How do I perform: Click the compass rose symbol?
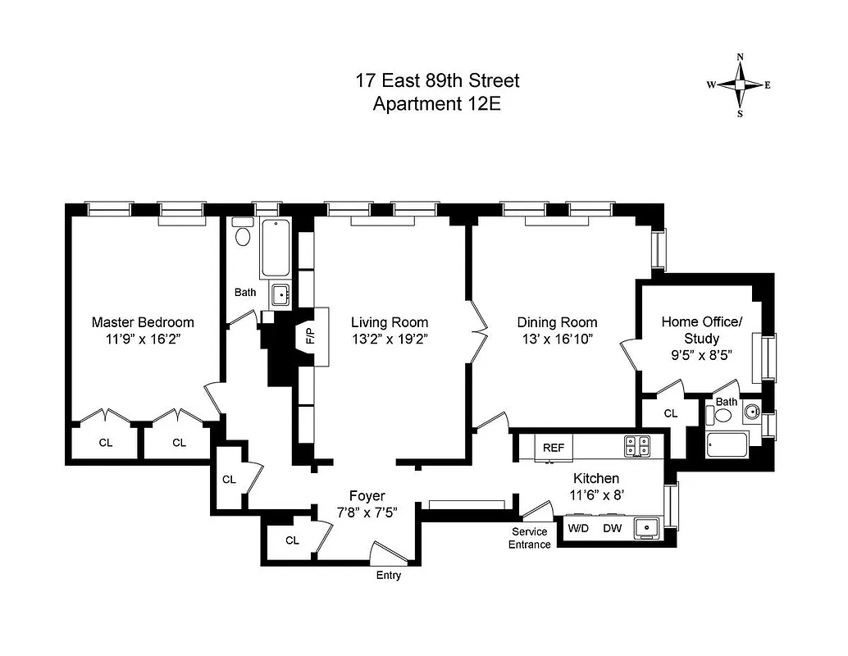(740, 85)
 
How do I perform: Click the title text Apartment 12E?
(436, 104)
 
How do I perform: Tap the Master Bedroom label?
(143, 322)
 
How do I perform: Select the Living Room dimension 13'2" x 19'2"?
(390, 338)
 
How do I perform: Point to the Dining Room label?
(557, 322)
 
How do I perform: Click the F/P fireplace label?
(310, 336)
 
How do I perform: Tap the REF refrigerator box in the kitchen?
(554, 448)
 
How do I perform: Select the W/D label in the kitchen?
(579, 529)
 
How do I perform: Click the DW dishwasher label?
(612, 529)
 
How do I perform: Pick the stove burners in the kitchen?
(636, 446)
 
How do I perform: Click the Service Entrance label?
(529, 538)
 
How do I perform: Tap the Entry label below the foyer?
(389, 576)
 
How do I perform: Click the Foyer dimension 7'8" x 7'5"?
(367, 512)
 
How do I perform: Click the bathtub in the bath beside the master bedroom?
(275, 248)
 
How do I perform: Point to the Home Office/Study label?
(701, 330)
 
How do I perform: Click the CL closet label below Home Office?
(670, 414)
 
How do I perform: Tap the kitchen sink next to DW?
(646, 529)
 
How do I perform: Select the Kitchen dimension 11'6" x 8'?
(595, 494)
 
